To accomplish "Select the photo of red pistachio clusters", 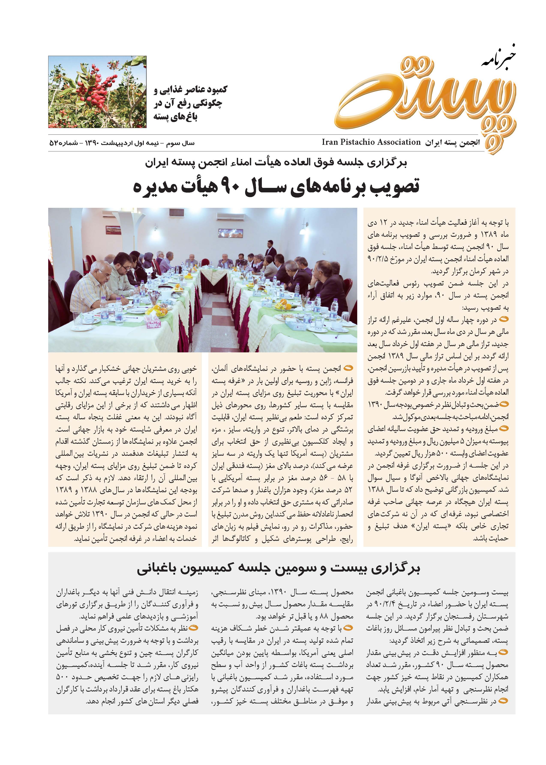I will [97, 92].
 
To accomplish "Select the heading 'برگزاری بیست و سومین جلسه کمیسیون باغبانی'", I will [278, 569].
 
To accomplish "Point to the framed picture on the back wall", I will [231, 232].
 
